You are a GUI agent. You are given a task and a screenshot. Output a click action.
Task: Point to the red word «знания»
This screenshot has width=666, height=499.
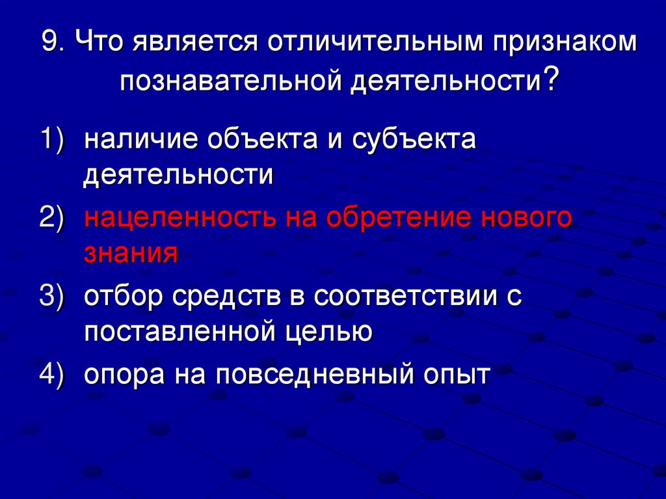click(130, 252)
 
